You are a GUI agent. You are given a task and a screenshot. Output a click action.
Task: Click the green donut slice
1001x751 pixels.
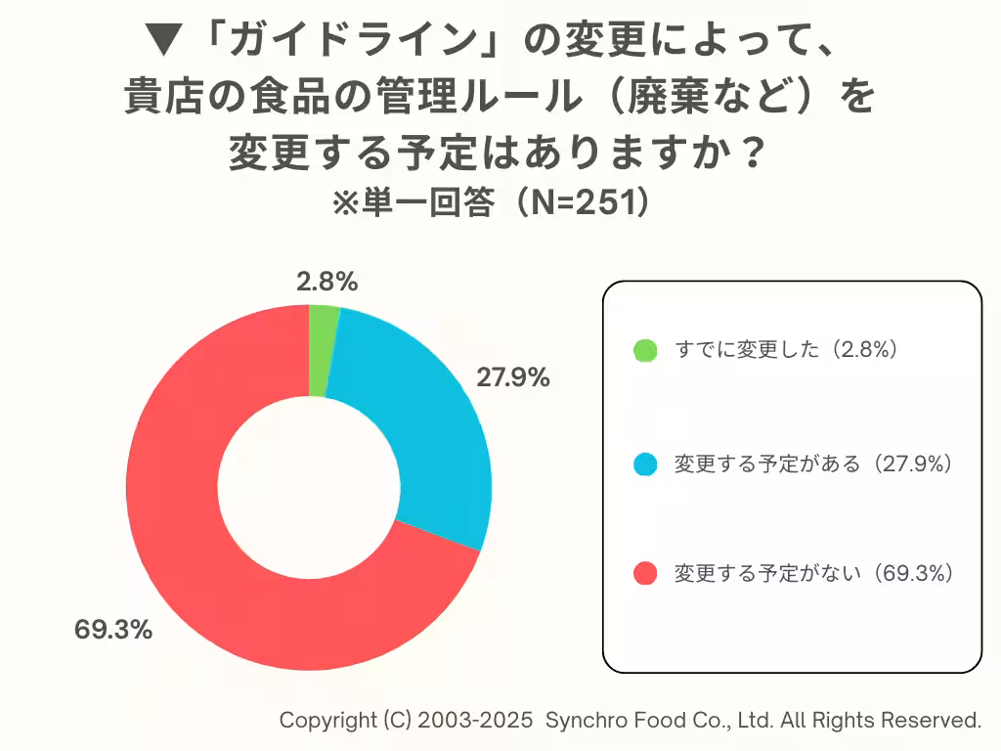(x=319, y=350)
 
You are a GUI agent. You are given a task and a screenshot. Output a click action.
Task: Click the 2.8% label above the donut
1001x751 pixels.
(x=327, y=282)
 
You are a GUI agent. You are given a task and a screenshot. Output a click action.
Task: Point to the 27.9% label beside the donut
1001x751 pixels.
(x=512, y=377)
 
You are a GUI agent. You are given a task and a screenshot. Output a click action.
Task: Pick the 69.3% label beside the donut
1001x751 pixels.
(x=113, y=630)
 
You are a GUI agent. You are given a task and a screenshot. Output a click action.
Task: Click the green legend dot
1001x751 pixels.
(x=645, y=350)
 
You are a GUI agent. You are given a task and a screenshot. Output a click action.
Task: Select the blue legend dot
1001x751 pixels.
(x=645, y=464)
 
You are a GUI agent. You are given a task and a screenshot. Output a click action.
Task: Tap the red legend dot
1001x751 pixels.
(x=645, y=574)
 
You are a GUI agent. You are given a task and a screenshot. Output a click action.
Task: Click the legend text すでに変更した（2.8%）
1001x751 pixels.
(x=786, y=350)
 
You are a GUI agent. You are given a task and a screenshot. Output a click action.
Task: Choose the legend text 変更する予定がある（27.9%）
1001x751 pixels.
(x=813, y=464)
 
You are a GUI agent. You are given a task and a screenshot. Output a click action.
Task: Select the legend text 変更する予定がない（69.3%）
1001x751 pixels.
(x=813, y=574)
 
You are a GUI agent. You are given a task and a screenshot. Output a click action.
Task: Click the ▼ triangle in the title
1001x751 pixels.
(x=162, y=41)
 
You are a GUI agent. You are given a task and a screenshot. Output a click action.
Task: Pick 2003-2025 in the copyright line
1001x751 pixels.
(x=476, y=721)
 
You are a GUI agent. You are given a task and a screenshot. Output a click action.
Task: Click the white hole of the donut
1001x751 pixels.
(x=308, y=487)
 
